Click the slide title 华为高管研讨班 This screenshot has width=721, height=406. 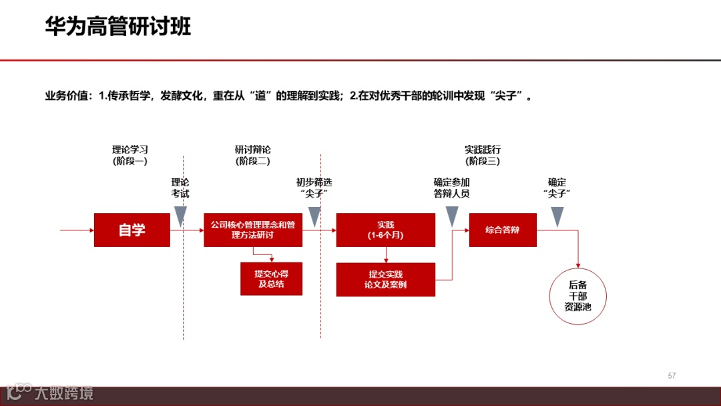pos(117,27)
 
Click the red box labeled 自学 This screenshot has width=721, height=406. pos(132,230)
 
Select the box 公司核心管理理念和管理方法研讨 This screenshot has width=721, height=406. pos(253,230)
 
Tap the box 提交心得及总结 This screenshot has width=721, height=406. pos(272,278)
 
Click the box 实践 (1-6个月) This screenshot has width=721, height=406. pos(385,230)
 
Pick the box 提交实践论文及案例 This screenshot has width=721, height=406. pos(385,279)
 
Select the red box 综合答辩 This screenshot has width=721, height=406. pos(503,230)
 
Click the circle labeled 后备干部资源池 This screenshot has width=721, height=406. pos(577,296)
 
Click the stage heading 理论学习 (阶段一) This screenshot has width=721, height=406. pos(130,155)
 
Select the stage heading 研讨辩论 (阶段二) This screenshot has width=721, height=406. pos(252,155)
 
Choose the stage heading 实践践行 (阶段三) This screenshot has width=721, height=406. pos(483,155)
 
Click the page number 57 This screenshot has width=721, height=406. pos(672,376)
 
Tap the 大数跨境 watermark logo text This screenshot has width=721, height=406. pos(64,393)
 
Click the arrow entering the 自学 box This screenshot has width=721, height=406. pos(77,230)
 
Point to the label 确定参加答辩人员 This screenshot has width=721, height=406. pos(451,188)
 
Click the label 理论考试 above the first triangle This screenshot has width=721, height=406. pos(180,188)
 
